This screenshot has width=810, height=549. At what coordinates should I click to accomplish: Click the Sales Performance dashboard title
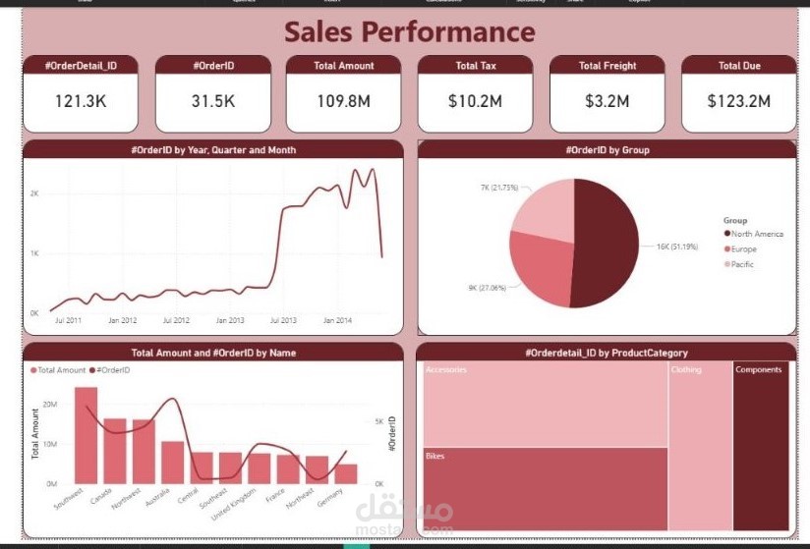410,31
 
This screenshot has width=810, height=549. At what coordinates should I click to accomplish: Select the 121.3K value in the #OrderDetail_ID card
81,101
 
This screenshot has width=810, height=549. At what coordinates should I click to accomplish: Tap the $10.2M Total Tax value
476,101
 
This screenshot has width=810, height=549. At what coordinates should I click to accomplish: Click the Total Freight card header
607,66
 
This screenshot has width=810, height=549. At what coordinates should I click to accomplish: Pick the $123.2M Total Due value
738,101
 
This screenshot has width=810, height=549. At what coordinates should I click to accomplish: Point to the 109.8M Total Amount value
343,101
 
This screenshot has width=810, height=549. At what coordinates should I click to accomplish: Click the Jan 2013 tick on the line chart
230,320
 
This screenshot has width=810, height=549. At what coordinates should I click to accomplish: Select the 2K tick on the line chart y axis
33,194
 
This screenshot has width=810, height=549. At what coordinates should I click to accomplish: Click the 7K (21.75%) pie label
499,187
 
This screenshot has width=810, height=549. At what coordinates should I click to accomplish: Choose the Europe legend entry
743,249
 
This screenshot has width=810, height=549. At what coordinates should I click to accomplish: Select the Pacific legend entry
742,265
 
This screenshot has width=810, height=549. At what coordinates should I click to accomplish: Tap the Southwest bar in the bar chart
87,435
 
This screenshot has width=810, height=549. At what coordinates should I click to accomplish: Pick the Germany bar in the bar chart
346,473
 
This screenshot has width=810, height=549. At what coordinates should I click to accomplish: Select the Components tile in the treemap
761,447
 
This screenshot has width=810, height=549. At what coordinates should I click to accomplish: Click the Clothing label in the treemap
686,370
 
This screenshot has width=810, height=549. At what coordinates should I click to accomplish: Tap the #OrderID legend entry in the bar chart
113,370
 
